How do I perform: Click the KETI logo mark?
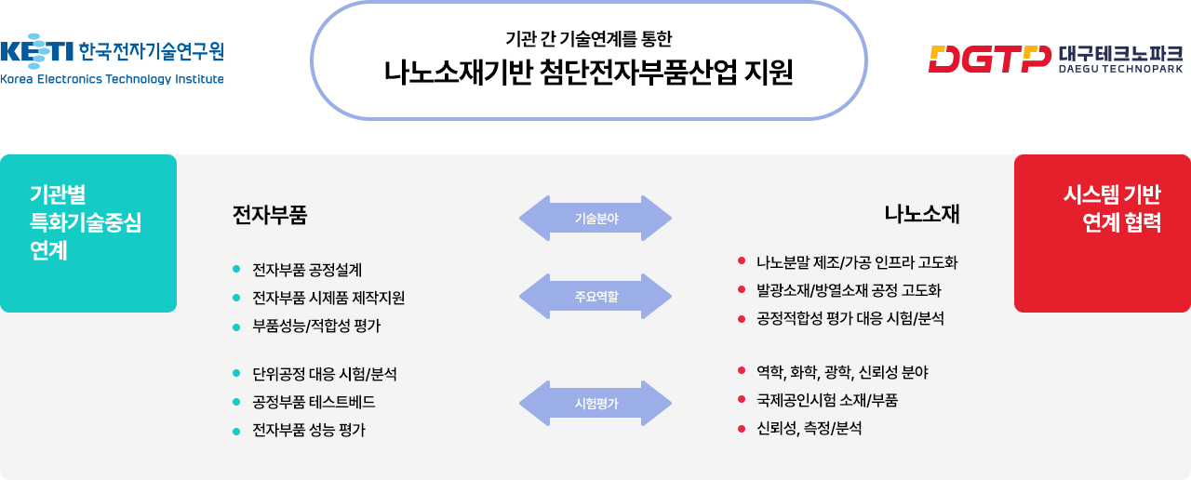[36, 51]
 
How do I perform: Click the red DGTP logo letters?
[989, 59]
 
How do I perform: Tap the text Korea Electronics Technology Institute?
[112, 79]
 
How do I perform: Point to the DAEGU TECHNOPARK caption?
[1121, 69]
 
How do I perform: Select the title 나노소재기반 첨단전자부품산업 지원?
[589, 73]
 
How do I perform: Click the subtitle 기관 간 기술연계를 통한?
[589, 38]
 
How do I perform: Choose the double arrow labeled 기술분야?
[595, 218]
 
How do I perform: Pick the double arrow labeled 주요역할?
[595, 296]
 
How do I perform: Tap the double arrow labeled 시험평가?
[595, 403]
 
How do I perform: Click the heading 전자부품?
[270, 215]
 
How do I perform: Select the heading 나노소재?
[922, 214]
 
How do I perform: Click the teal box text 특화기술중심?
[86, 222]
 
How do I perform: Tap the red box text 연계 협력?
[1122, 222]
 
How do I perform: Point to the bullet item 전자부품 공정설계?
[307, 270]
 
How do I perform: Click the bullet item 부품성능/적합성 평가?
[316, 326]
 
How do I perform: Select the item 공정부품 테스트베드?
[314, 402]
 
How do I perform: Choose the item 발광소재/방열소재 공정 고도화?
[850, 290]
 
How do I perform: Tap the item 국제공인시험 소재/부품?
[827, 400]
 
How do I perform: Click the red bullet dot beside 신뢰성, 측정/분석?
[742, 429]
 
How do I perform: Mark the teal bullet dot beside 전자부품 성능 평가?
[236, 431]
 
